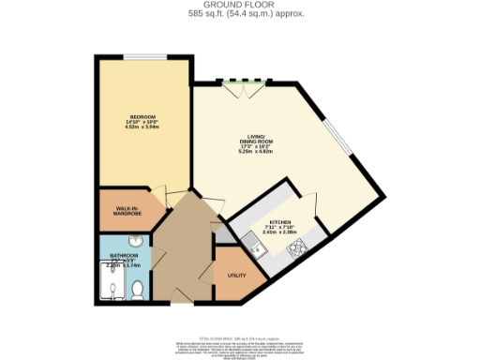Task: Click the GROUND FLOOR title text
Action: pyautogui.click(x=240, y=6)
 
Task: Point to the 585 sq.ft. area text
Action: pyautogui.click(x=240, y=14)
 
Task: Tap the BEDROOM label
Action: pyautogui.click(x=142, y=116)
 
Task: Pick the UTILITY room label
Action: pyautogui.click(x=236, y=275)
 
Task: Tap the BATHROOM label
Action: pyautogui.click(x=124, y=255)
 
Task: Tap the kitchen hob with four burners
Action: pyautogui.click(x=295, y=247)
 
